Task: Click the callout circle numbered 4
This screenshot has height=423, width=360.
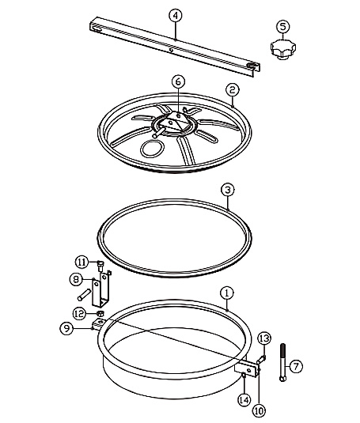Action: (176, 16)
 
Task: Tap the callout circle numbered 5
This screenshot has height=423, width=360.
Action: (283, 27)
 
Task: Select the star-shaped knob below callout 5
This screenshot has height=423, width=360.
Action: (283, 49)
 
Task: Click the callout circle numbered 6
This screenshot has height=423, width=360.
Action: (178, 82)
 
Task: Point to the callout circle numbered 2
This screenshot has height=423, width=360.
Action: (233, 90)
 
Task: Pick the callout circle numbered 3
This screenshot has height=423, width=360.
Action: (228, 190)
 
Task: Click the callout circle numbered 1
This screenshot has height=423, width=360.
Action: (227, 293)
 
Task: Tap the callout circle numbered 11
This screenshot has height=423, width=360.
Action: (81, 262)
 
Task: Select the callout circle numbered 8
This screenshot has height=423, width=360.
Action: (76, 279)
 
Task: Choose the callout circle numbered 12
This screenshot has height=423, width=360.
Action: (80, 314)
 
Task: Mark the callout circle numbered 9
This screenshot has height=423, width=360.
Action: (66, 328)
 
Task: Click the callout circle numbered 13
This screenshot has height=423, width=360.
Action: (264, 338)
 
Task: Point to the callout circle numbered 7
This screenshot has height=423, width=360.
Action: (296, 366)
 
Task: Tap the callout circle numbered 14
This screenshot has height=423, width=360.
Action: (244, 400)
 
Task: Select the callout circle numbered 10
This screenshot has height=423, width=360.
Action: (259, 411)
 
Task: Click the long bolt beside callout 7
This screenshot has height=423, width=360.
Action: (282, 363)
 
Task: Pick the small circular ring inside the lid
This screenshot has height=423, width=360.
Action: (143, 149)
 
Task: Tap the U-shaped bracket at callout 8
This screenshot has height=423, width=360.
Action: (101, 290)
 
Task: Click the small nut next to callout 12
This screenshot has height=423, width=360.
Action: (100, 313)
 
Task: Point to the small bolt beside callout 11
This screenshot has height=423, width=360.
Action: (100, 266)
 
